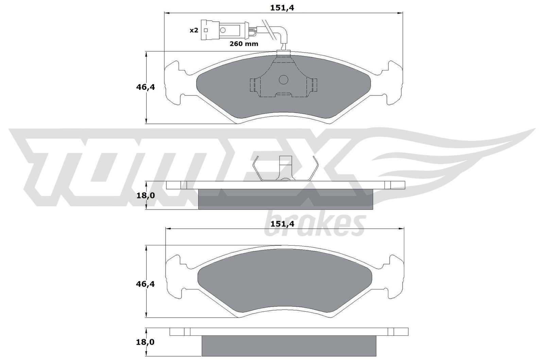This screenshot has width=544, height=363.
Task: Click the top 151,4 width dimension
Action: [282, 7]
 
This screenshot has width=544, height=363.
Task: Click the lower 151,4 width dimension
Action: [282, 224]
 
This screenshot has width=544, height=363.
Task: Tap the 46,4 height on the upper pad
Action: [146, 87]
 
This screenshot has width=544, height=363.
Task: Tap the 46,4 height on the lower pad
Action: [146, 284]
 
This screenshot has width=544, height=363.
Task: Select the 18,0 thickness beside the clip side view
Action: [146, 195]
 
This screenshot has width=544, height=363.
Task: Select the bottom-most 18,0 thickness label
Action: [146, 342]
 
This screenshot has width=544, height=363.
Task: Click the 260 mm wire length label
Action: [244, 44]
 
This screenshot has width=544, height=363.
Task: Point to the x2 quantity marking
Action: [193, 30]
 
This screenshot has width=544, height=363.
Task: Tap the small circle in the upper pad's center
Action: [284, 80]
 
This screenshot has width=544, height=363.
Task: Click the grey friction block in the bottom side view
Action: [289, 346]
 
